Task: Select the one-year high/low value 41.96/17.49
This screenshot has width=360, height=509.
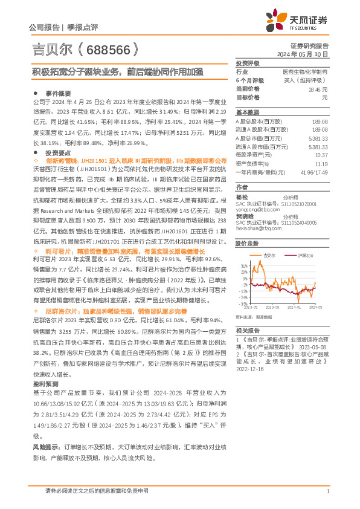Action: click(315, 172)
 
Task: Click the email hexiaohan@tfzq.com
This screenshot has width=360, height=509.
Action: click(257, 229)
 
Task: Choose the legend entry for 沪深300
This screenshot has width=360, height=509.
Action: click(305, 256)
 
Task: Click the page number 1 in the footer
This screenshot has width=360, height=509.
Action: click(327, 491)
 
